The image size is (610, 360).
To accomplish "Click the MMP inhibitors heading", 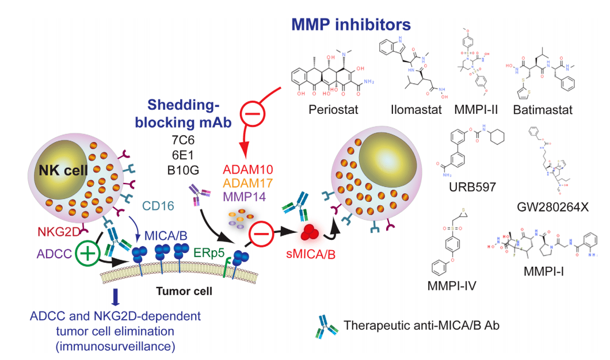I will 351,24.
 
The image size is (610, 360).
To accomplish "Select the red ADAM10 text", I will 246,170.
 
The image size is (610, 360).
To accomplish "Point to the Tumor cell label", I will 184,291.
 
